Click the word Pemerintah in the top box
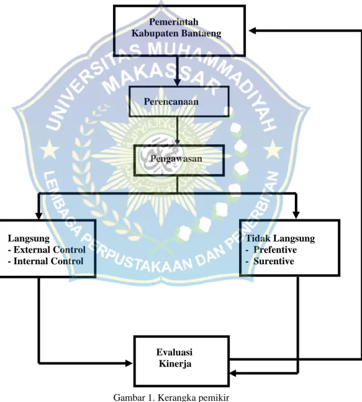174,22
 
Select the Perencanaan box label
171,101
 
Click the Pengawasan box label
176,159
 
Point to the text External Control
50,249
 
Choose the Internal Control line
46,261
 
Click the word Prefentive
275,250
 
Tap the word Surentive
274,261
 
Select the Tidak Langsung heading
280,238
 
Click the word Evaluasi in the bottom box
175,352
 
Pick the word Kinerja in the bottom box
175,364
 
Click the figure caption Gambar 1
134,398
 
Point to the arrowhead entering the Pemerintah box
252,31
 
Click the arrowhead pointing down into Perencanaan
177,83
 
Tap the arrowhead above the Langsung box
39,216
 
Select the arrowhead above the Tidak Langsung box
296,215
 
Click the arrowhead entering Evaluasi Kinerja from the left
129,363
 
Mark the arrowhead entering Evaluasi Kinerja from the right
233,373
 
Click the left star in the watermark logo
48,149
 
